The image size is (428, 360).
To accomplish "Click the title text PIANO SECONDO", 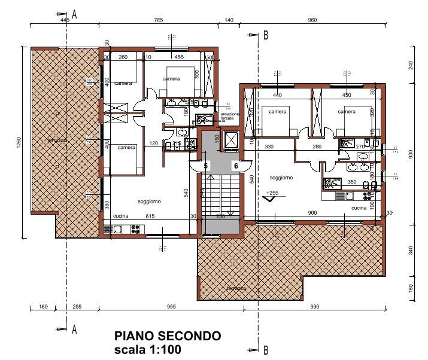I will (168, 337).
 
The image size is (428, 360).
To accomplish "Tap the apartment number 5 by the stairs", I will (206, 166).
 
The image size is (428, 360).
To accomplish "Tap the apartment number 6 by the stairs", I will (236, 166).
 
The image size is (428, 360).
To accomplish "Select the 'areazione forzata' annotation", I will (230, 116).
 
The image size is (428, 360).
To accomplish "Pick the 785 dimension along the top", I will (159, 20).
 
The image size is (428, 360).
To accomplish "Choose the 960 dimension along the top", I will (312, 20).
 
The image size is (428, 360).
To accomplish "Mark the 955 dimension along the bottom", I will (171, 307).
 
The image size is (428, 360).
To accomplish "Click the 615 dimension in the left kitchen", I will (150, 216).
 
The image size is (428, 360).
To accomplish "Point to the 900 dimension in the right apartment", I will (312, 213).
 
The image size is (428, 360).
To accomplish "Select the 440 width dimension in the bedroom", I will (277, 95).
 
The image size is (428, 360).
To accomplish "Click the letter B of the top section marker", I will (265, 35).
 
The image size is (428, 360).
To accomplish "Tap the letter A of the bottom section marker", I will (74, 329).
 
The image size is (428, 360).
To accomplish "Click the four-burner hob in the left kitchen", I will (135, 228).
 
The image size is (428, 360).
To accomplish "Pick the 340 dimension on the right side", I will (411, 251).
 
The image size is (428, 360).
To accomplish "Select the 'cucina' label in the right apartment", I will (359, 208).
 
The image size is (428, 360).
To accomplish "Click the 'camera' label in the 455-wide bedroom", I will (171, 79).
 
